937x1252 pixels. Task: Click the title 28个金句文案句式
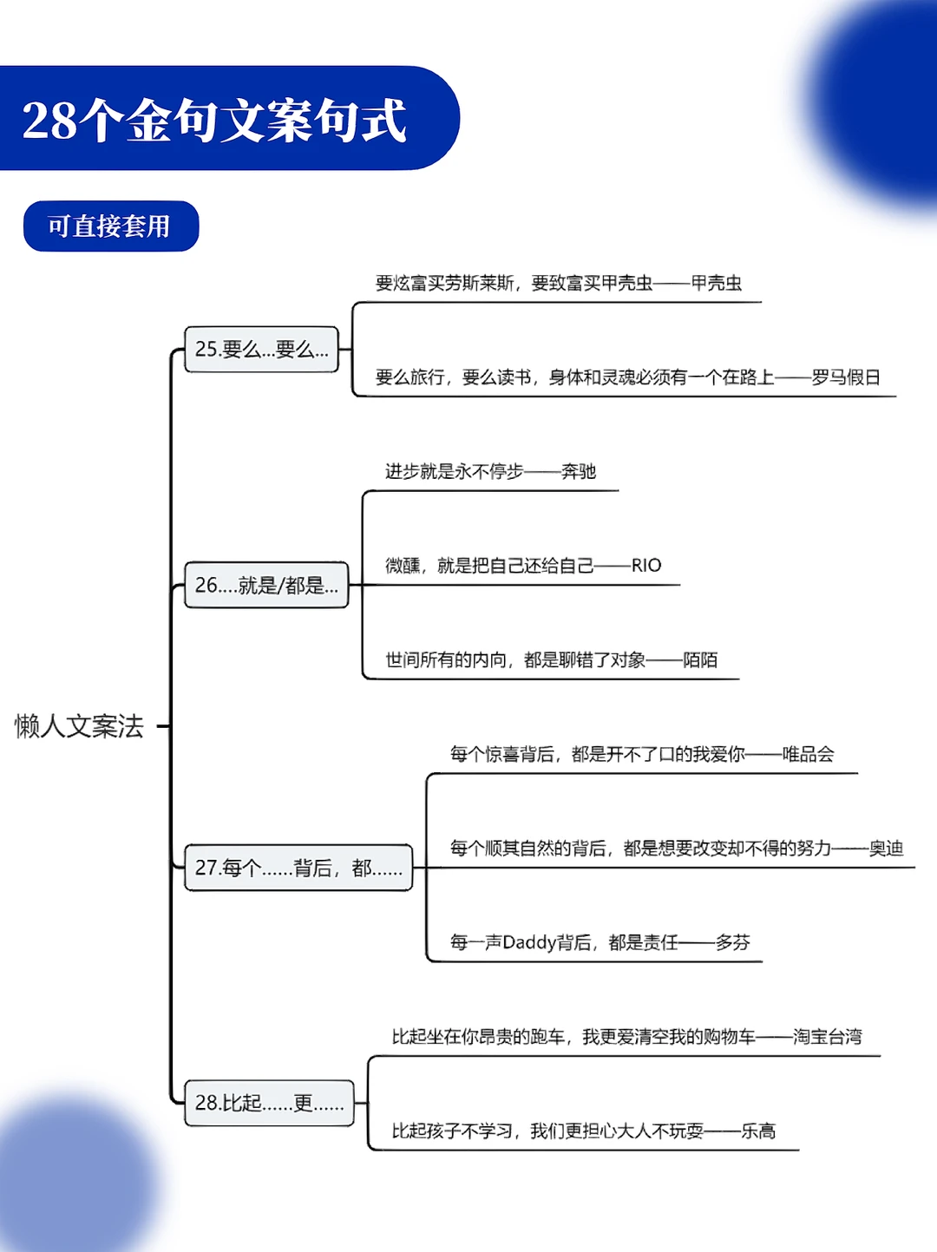[214, 120]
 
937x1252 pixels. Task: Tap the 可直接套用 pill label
[109, 226]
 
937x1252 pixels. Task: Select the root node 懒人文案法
[79, 726]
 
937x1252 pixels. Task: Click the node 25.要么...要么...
[261, 350]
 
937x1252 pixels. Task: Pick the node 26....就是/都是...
[266, 586]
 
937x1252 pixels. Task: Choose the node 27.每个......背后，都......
[298, 868]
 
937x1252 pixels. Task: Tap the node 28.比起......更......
[269, 1103]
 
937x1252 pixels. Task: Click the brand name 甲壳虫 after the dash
[717, 283]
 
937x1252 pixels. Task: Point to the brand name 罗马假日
[846, 377]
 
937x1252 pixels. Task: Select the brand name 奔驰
[579, 471]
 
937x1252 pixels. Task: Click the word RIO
[646, 566]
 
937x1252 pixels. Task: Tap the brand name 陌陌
[700, 660]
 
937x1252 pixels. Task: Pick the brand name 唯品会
[808, 754]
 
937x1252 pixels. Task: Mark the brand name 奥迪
[886, 849]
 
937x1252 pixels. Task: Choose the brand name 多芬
[733, 942]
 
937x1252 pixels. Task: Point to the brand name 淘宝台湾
[828, 1037]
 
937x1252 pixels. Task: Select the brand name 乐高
[758, 1131]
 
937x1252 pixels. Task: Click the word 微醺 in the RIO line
[403, 566]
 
